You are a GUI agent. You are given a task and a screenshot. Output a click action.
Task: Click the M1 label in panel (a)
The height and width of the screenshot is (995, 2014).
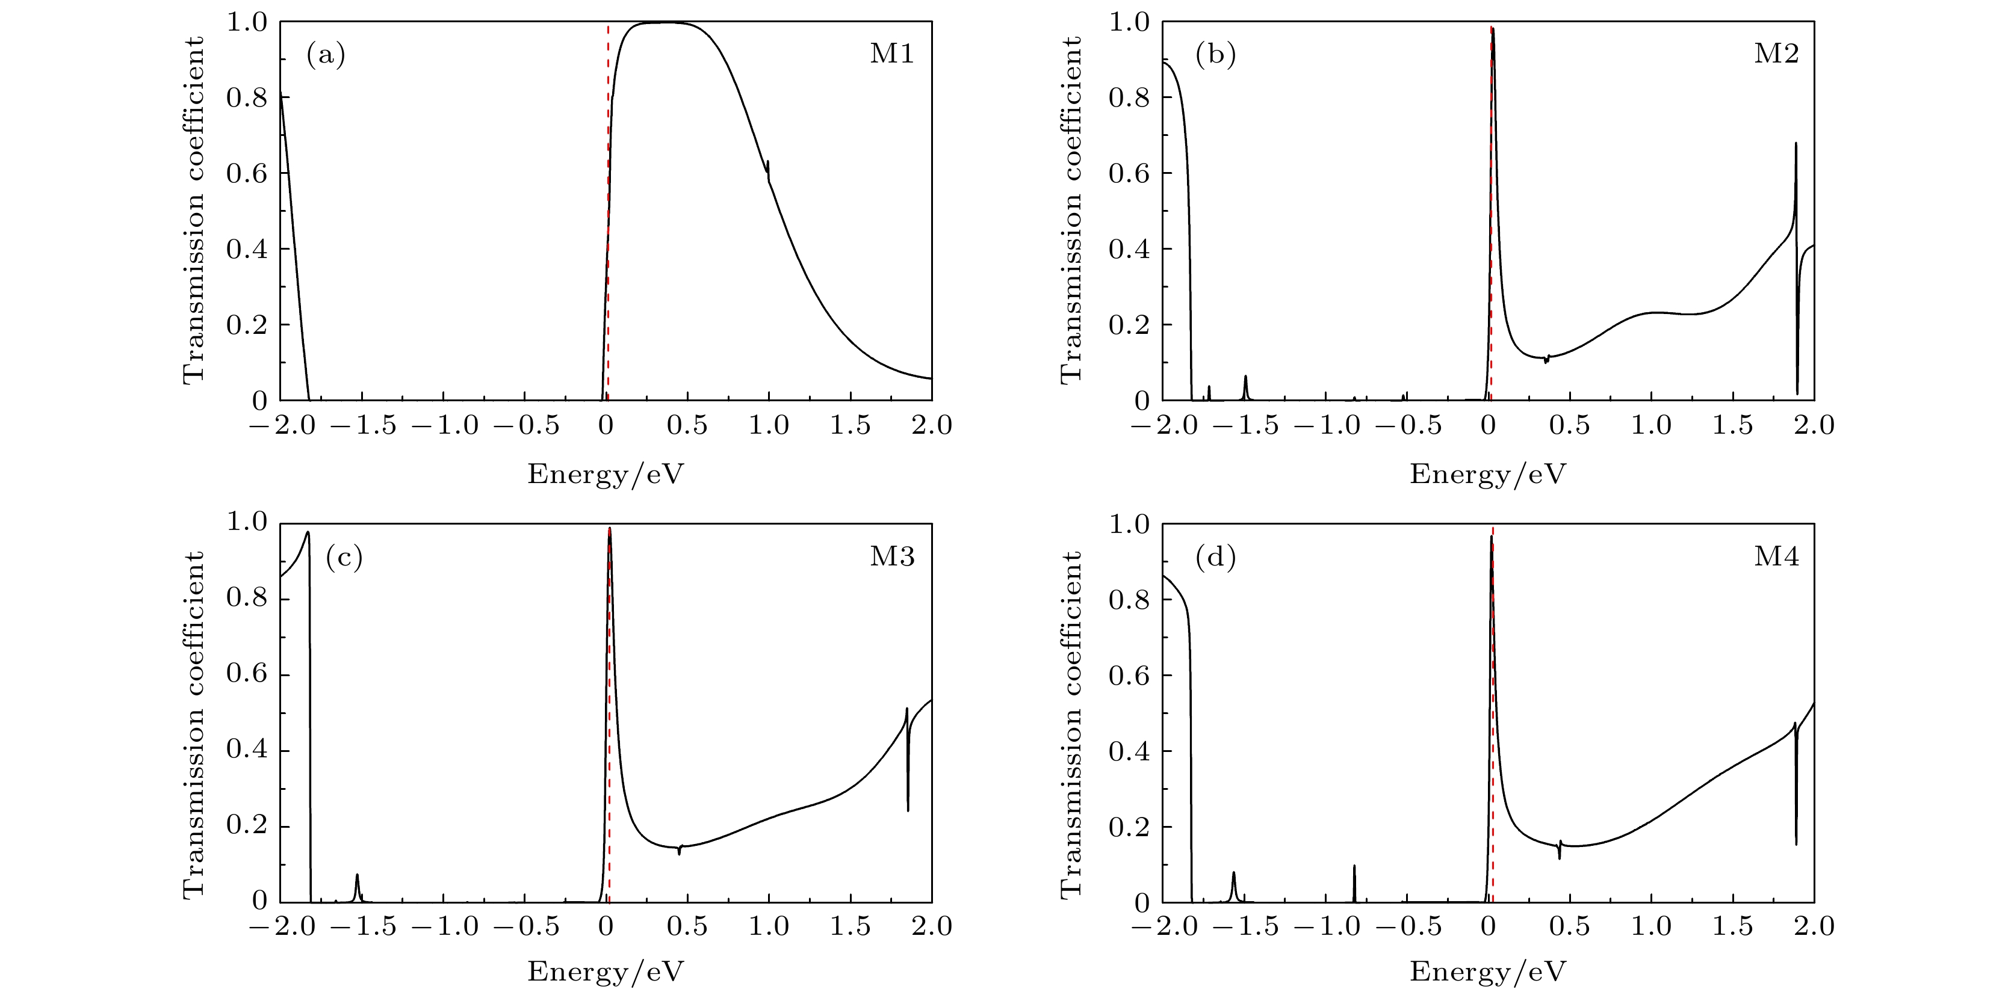click(891, 54)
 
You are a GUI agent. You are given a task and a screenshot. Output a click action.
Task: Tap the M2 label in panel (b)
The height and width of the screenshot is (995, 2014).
click(1776, 54)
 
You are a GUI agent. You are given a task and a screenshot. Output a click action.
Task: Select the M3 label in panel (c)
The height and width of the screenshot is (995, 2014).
click(891, 556)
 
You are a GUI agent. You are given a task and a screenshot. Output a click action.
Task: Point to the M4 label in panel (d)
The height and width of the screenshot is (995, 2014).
click(1776, 556)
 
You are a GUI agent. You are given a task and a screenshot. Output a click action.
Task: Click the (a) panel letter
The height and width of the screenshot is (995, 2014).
click(325, 55)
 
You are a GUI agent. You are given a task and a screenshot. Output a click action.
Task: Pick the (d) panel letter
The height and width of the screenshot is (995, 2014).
click(1215, 557)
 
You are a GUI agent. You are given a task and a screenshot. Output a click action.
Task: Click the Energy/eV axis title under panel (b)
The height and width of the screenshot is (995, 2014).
click(1488, 473)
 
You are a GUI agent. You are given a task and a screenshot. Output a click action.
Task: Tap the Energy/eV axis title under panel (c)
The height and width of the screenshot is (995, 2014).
click(606, 972)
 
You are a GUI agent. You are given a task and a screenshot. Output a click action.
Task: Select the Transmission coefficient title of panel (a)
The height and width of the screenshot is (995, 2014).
click(193, 209)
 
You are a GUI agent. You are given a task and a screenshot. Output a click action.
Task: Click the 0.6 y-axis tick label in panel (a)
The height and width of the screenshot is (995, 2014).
click(246, 173)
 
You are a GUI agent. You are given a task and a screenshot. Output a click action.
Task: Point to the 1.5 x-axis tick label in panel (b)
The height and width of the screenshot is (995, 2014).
click(1732, 425)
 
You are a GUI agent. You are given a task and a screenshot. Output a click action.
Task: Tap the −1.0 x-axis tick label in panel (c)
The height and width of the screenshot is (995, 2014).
click(444, 927)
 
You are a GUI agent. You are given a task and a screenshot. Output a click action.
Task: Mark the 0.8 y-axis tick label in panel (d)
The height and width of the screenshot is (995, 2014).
click(1129, 600)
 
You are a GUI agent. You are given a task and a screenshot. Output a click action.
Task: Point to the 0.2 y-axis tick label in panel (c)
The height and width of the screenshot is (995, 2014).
click(246, 825)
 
